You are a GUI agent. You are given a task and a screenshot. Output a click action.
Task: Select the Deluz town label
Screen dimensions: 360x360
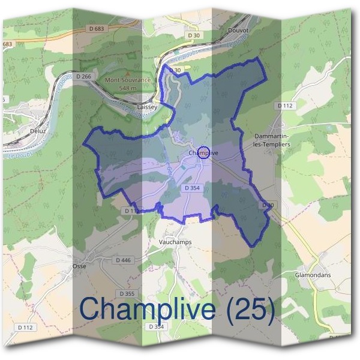[37, 130]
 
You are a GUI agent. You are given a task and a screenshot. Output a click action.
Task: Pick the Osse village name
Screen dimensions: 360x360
[79, 265]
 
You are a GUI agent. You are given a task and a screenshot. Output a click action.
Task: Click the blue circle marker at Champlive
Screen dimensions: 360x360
[203, 152]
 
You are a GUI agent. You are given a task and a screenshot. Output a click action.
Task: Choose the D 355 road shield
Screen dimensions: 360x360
[127, 293]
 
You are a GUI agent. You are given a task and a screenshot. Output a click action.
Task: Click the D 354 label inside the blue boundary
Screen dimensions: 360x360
[191, 188]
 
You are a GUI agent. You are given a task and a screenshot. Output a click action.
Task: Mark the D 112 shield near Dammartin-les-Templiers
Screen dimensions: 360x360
[285, 106]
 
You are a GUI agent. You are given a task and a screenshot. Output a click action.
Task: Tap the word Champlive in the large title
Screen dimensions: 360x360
[147, 309]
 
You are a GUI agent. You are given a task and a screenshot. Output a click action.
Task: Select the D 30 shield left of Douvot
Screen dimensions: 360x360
[193, 36]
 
